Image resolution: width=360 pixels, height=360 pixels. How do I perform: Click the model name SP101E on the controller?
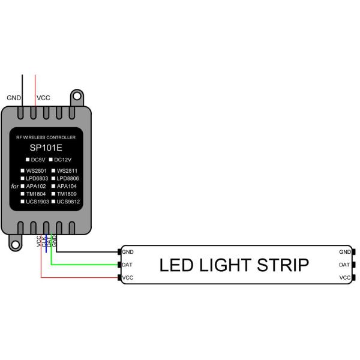pos(46,147)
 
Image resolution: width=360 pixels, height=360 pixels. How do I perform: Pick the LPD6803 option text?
pos(38,179)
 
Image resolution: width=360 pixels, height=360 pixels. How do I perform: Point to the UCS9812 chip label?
pos(68,202)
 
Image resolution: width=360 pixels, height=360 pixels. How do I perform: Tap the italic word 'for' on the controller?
pos(15,186)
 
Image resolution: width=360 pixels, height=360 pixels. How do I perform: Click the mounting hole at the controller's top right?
pos(77,96)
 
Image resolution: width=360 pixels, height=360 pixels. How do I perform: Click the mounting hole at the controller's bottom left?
pos(14,243)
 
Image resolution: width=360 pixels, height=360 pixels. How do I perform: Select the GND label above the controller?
pos(13,98)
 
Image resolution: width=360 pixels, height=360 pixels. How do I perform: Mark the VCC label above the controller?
pos(43,98)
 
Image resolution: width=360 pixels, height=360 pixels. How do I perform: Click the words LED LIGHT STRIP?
pos(233,265)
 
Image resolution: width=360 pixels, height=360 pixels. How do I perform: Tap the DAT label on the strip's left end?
pos(127,265)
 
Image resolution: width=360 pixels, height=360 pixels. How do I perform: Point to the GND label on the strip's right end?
pos(344,252)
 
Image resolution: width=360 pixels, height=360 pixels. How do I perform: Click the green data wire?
pos(84,264)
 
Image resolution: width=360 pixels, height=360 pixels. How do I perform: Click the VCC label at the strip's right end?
pos(344,278)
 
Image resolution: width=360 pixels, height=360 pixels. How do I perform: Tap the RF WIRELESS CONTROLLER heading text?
pos(46,137)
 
